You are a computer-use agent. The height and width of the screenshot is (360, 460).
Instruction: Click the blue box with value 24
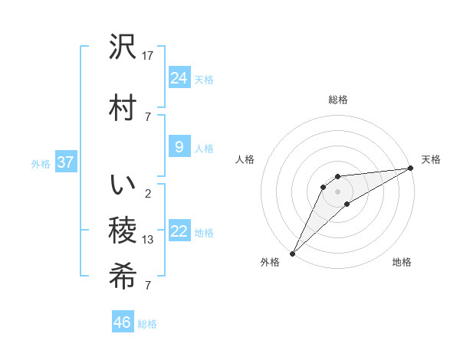point(179,77)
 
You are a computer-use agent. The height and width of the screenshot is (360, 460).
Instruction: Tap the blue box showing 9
point(179,147)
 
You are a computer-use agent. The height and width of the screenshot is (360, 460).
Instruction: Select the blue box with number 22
point(179,231)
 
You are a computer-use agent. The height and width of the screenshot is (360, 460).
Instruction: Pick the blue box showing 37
point(65,162)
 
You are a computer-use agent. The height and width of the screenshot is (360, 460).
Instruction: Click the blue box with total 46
point(123,322)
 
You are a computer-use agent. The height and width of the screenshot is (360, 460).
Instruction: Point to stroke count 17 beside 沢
point(148,55)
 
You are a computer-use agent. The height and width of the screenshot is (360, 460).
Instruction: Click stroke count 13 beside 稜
point(148,240)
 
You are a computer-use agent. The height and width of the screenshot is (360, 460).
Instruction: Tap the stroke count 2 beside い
point(147,193)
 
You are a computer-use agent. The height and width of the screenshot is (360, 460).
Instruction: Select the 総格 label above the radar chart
point(338,100)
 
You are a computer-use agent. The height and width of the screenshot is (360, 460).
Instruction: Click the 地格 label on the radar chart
point(402,262)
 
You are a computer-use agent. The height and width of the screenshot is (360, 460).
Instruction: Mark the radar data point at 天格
point(411,169)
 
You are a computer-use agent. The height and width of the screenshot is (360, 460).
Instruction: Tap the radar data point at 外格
point(292,253)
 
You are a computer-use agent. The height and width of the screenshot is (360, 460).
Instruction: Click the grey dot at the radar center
point(338,191)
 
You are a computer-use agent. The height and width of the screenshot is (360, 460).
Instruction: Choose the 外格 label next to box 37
point(40,163)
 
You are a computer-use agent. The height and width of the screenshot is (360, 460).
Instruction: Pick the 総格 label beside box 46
point(147,324)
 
